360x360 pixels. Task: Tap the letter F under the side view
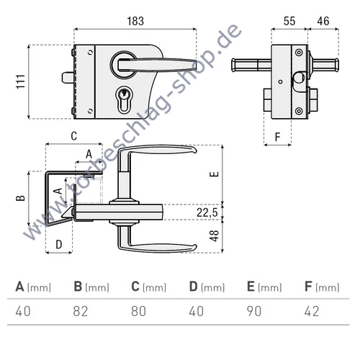tap(277, 135)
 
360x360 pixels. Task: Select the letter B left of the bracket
tap(21, 197)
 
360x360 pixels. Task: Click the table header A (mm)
tap(33, 287)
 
